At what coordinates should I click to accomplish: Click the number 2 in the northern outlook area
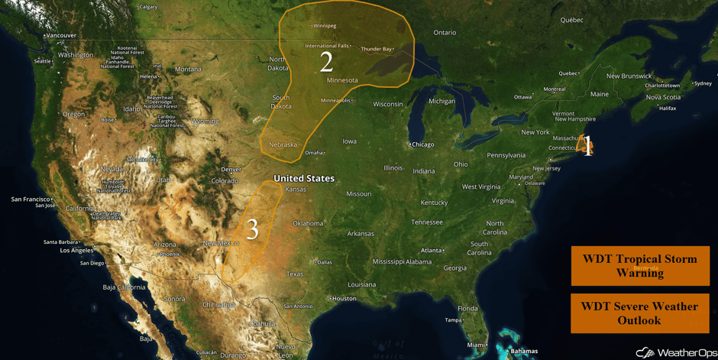pos(326,62)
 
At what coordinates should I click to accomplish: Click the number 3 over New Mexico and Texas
pos(251,229)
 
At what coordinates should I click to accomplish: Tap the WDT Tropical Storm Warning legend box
pos(639,265)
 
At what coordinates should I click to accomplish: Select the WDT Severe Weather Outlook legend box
pos(639,313)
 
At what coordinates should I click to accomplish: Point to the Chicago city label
pos(422,144)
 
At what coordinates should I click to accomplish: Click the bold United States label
pos(304,178)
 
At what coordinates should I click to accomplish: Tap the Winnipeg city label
pos(324,25)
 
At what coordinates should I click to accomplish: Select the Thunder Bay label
pos(376,49)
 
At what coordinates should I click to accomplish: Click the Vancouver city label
pos(60,35)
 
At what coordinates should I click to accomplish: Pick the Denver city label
pos(231,169)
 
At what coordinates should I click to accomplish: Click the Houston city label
pos(344,298)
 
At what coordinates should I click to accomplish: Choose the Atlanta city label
pos(432,250)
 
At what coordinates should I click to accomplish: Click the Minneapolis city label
pos(335,100)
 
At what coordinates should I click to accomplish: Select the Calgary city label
pos(148,7)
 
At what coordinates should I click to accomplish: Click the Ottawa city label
pos(522,97)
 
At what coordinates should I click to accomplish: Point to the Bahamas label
pos(524,352)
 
